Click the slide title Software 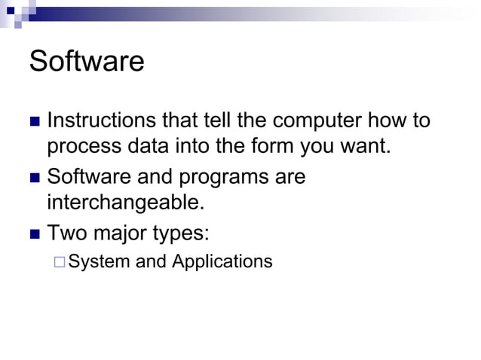(86, 62)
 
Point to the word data (146, 145)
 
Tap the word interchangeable (124, 203)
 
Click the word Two (66, 233)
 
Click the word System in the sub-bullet (96, 262)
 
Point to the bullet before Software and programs (33, 178)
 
